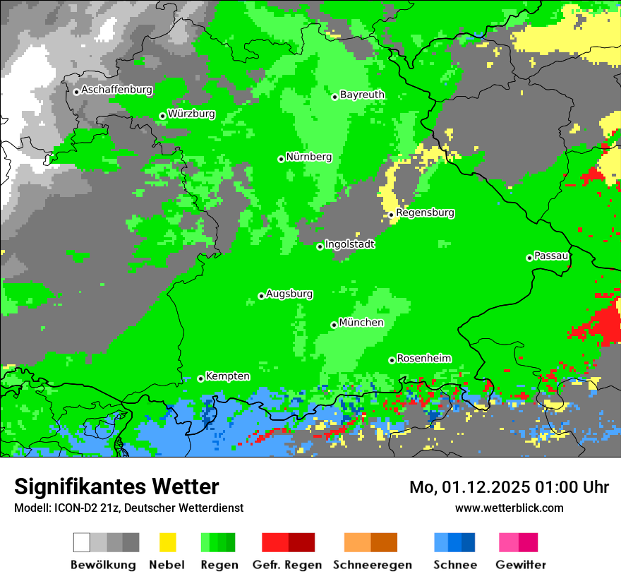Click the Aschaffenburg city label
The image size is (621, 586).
(x=116, y=90)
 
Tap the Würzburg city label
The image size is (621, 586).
(x=191, y=114)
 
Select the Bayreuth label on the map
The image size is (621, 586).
(x=362, y=95)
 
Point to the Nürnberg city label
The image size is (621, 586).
(x=308, y=157)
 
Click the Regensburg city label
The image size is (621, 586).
(x=425, y=213)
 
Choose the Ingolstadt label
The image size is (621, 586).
(x=349, y=244)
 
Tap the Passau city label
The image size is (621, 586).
(x=551, y=256)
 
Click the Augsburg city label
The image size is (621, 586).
(x=289, y=294)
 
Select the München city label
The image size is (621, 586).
(x=361, y=323)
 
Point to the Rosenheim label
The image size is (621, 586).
(x=423, y=359)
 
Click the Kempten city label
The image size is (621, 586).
(x=227, y=376)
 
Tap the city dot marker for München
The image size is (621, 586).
(x=334, y=325)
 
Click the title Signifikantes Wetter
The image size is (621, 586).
(x=116, y=486)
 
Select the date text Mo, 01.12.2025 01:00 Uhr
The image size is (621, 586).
(x=509, y=487)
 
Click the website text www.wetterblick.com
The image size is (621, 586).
(x=509, y=508)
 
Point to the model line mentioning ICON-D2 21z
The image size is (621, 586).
(x=128, y=508)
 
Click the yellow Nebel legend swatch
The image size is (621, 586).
(x=167, y=542)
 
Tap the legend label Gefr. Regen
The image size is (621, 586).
(x=287, y=565)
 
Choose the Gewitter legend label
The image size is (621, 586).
(x=520, y=565)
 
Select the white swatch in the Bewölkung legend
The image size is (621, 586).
(x=82, y=542)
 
